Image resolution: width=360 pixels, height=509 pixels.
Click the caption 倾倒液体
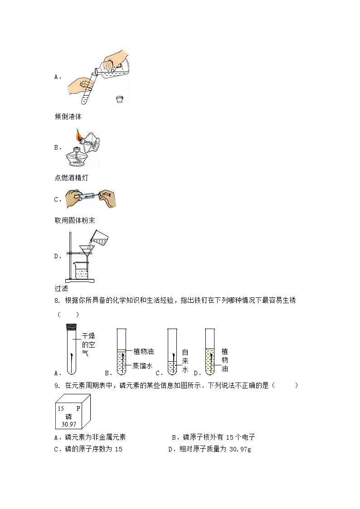pos(68,116)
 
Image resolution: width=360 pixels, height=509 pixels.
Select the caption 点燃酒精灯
pos(71,178)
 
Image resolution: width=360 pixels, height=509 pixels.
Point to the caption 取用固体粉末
pos(74,220)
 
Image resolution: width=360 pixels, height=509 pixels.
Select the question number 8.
pos(57,301)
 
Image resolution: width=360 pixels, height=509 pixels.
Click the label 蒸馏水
pos(142,366)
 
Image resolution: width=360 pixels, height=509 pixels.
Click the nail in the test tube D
pos(209,358)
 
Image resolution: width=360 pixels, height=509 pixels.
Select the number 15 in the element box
pos(61,408)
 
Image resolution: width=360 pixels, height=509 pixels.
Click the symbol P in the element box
pos(78,408)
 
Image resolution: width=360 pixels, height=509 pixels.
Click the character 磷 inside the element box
pos(68,416)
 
